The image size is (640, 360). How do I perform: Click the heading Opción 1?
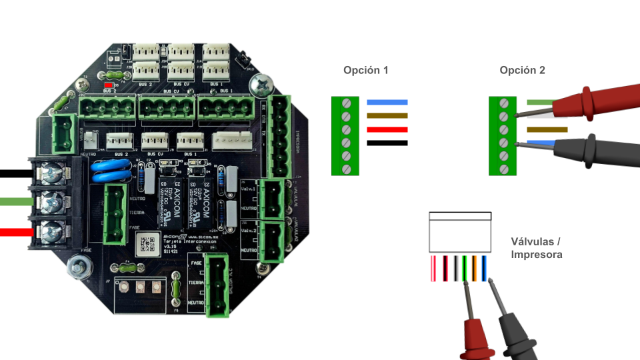[x=365, y=70]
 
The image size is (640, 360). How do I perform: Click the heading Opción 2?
[x=522, y=70]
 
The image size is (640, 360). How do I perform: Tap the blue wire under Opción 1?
[x=387, y=103]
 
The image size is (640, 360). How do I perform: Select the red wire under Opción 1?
[x=387, y=130]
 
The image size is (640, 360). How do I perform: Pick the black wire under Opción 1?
[x=387, y=143]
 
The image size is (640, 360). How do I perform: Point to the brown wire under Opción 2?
[x=547, y=130]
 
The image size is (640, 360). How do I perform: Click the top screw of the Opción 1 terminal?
[x=345, y=103]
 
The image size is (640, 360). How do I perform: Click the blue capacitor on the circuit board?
[x=109, y=171]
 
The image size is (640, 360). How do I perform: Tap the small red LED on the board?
[x=109, y=86]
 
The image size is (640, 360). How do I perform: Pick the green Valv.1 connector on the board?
[x=271, y=199]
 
